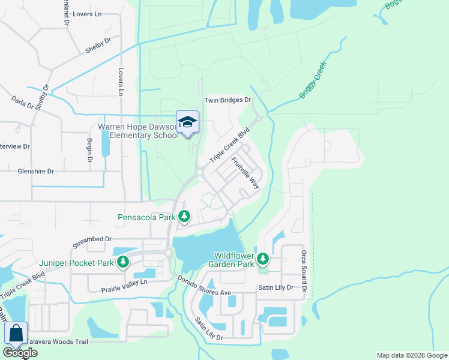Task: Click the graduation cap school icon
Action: (187, 122)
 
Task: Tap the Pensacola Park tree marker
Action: (184, 216)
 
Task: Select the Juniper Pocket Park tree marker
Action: (123, 262)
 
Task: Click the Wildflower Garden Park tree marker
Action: (263, 259)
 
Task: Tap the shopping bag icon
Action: (16, 333)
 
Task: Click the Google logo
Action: (20, 353)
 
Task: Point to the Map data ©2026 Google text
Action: (412, 355)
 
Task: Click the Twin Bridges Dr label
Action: (227, 101)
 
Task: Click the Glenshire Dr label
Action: (27, 171)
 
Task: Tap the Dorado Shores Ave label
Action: (204, 286)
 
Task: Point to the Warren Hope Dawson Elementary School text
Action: (138, 131)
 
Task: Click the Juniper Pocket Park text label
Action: (77, 263)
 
